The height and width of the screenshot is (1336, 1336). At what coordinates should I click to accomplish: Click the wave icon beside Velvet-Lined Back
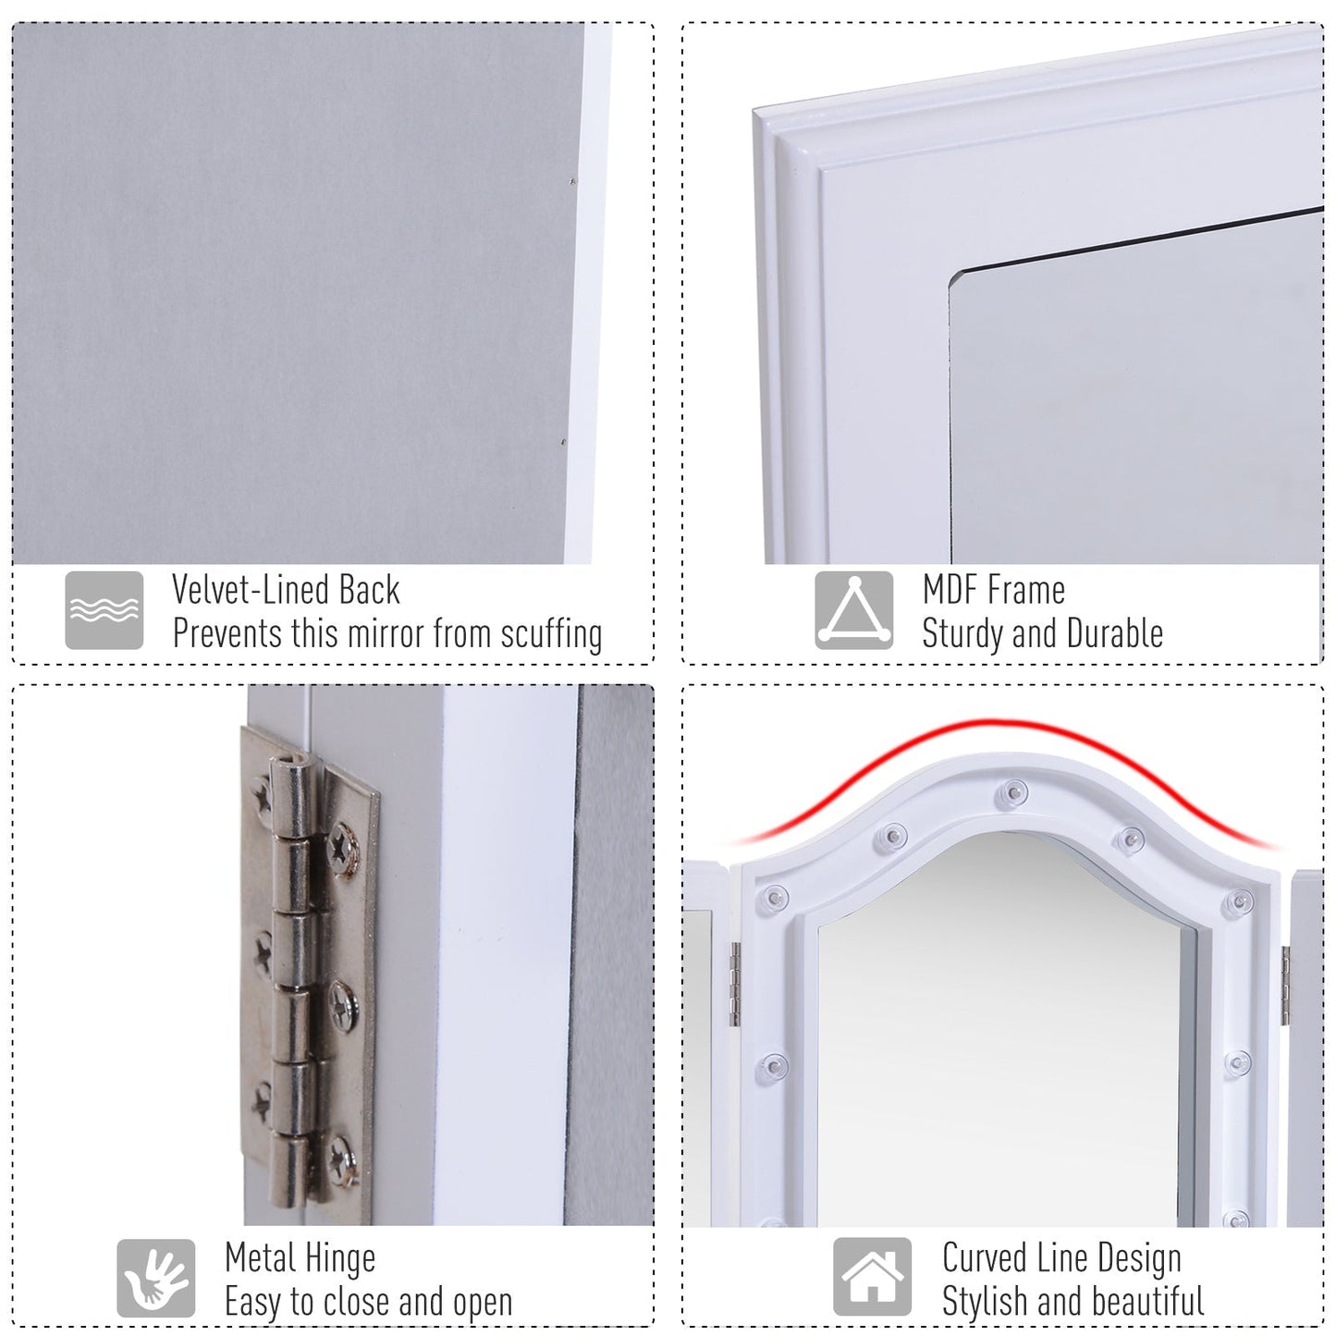pyautogui.click(x=104, y=610)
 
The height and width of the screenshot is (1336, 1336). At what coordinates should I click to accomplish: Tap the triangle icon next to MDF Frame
pyautogui.click(x=853, y=610)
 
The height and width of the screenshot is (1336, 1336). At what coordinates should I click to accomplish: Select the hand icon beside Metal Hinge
pyautogui.click(x=155, y=1278)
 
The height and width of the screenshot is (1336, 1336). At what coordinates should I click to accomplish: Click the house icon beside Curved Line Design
pyautogui.click(x=872, y=1278)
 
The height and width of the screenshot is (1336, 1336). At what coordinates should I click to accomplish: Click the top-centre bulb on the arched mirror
pyautogui.click(x=1012, y=792)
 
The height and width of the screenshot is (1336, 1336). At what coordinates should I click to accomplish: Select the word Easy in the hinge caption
pyautogui.click(x=253, y=1302)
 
